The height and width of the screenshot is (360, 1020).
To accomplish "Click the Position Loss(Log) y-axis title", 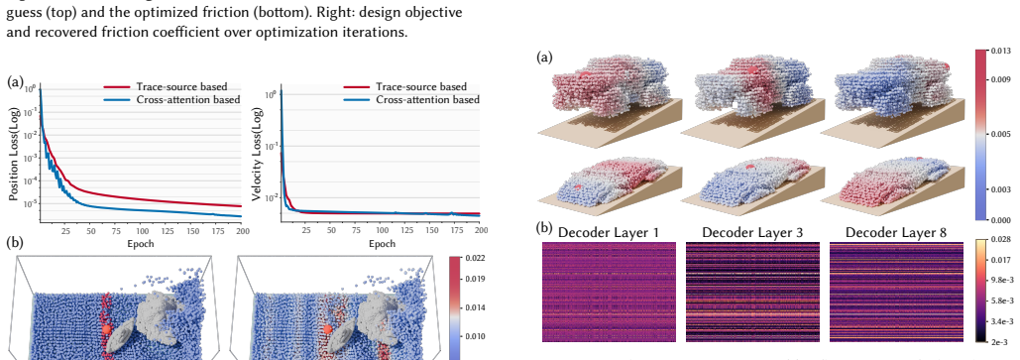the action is click(x=14, y=154).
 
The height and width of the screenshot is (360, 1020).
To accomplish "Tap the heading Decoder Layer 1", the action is click(x=609, y=232).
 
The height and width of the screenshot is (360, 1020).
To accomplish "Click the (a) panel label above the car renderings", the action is click(x=544, y=58).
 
